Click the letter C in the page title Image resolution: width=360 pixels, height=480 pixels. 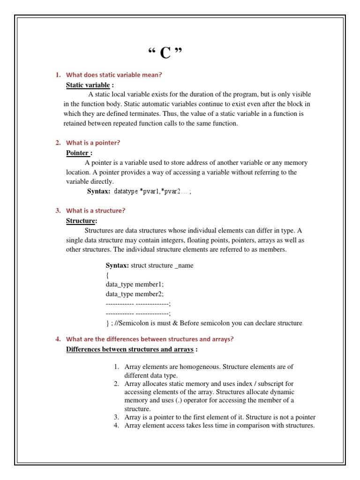(165, 53)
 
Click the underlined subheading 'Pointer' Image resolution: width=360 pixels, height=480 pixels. (77, 153)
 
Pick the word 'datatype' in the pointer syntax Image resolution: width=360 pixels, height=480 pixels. (126, 191)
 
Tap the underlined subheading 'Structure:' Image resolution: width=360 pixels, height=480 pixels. (82, 220)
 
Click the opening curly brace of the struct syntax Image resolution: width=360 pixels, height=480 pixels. (107, 275)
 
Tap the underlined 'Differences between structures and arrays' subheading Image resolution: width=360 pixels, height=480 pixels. (129, 349)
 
